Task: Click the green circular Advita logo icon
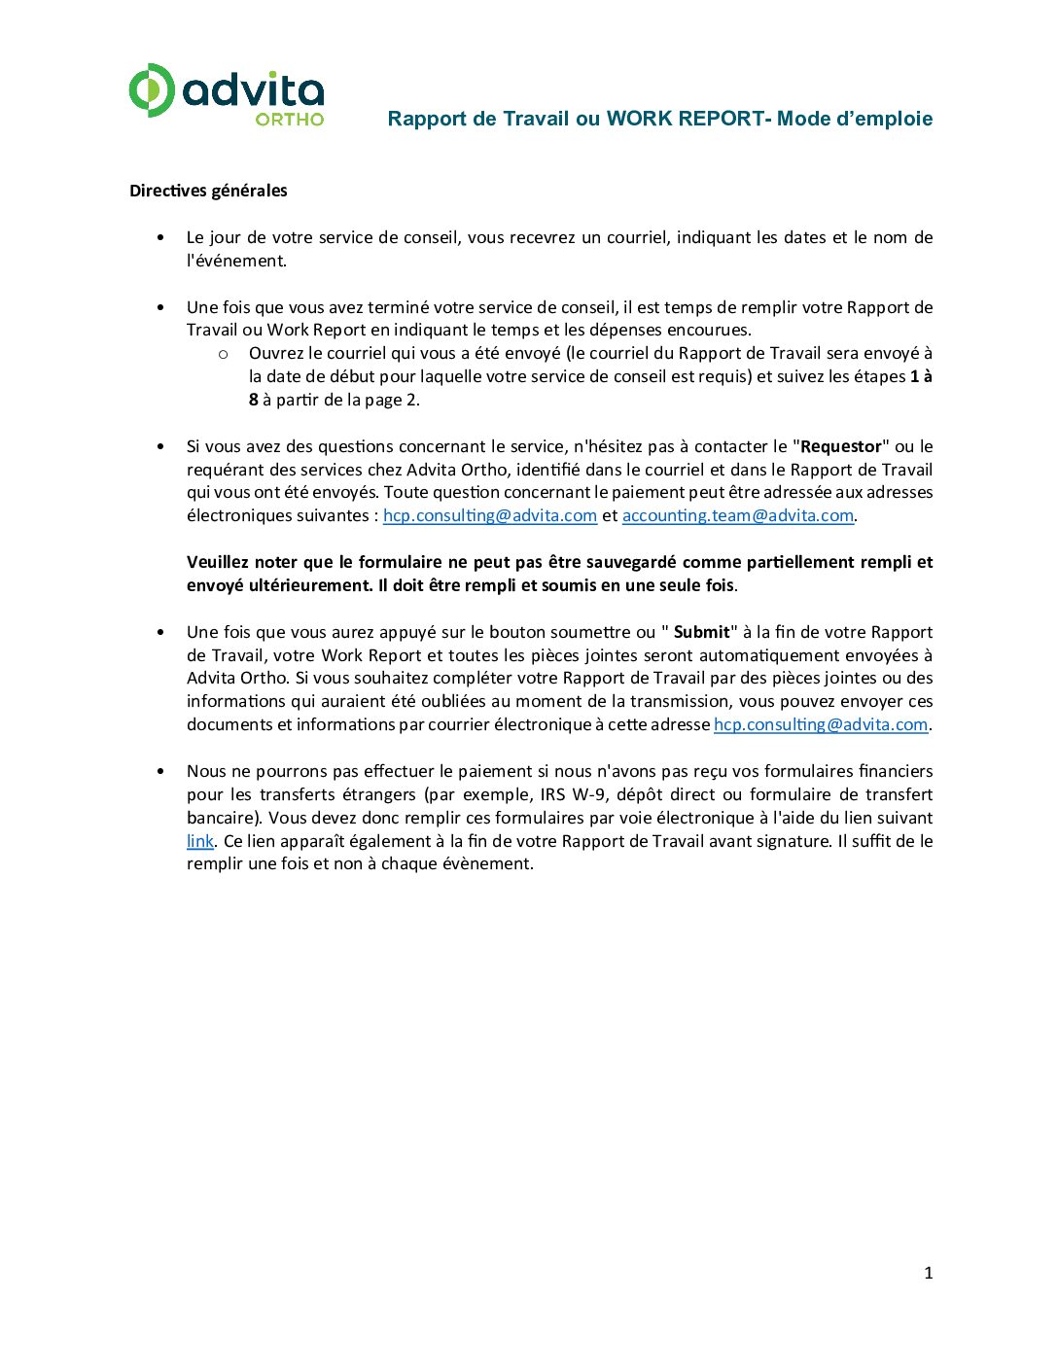click(152, 90)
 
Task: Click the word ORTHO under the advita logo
click(290, 120)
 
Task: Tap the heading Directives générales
click(208, 191)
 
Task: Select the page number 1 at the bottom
click(928, 1273)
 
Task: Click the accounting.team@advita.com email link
click(737, 515)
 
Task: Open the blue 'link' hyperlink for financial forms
click(199, 841)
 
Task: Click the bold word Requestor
click(841, 446)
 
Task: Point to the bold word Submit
click(701, 632)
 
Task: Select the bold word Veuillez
click(218, 562)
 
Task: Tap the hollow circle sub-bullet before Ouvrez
click(223, 354)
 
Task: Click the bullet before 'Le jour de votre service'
click(160, 238)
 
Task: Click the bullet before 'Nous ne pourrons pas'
click(160, 772)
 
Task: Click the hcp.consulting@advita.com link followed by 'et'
click(489, 515)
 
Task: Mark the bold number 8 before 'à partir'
click(254, 400)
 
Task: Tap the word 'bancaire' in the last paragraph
click(222, 818)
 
